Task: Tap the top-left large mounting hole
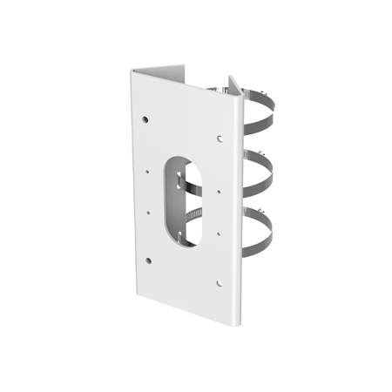pyautogui.click(x=145, y=118)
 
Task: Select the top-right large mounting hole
pyautogui.click(x=220, y=138)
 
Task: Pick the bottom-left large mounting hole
pyautogui.click(x=148, y=260)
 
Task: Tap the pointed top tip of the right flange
pyautogui.click(x=232, y=78)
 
